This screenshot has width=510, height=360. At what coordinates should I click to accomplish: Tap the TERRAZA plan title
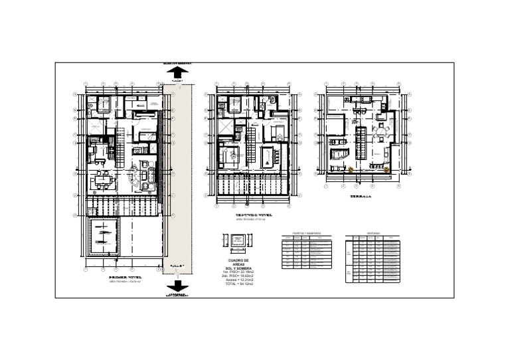(x=361, y=197)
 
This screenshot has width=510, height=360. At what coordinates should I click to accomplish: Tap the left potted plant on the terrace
(x=351, y=171)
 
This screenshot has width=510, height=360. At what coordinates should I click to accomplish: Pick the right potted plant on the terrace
(x=388, y=171)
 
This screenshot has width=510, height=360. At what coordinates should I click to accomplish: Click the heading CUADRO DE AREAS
(x=238, y=264)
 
